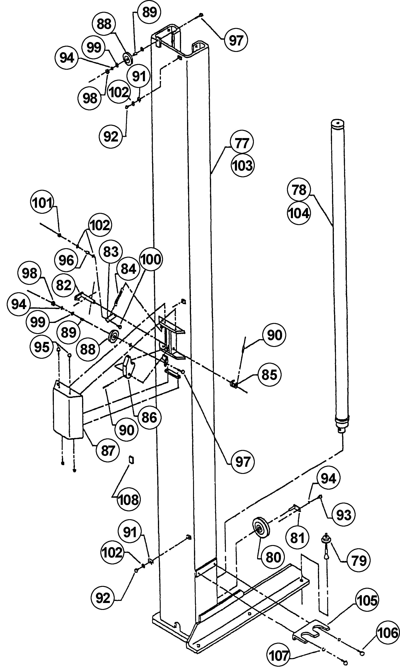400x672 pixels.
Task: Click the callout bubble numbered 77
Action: [242, 143]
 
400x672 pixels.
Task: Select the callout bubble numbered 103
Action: [243, 165]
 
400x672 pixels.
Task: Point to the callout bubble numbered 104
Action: [299, 213]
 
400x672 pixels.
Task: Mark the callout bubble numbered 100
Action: [151, 259]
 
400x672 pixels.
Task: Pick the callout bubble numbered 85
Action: [269, 375]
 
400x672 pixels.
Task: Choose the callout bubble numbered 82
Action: [64, 285]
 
